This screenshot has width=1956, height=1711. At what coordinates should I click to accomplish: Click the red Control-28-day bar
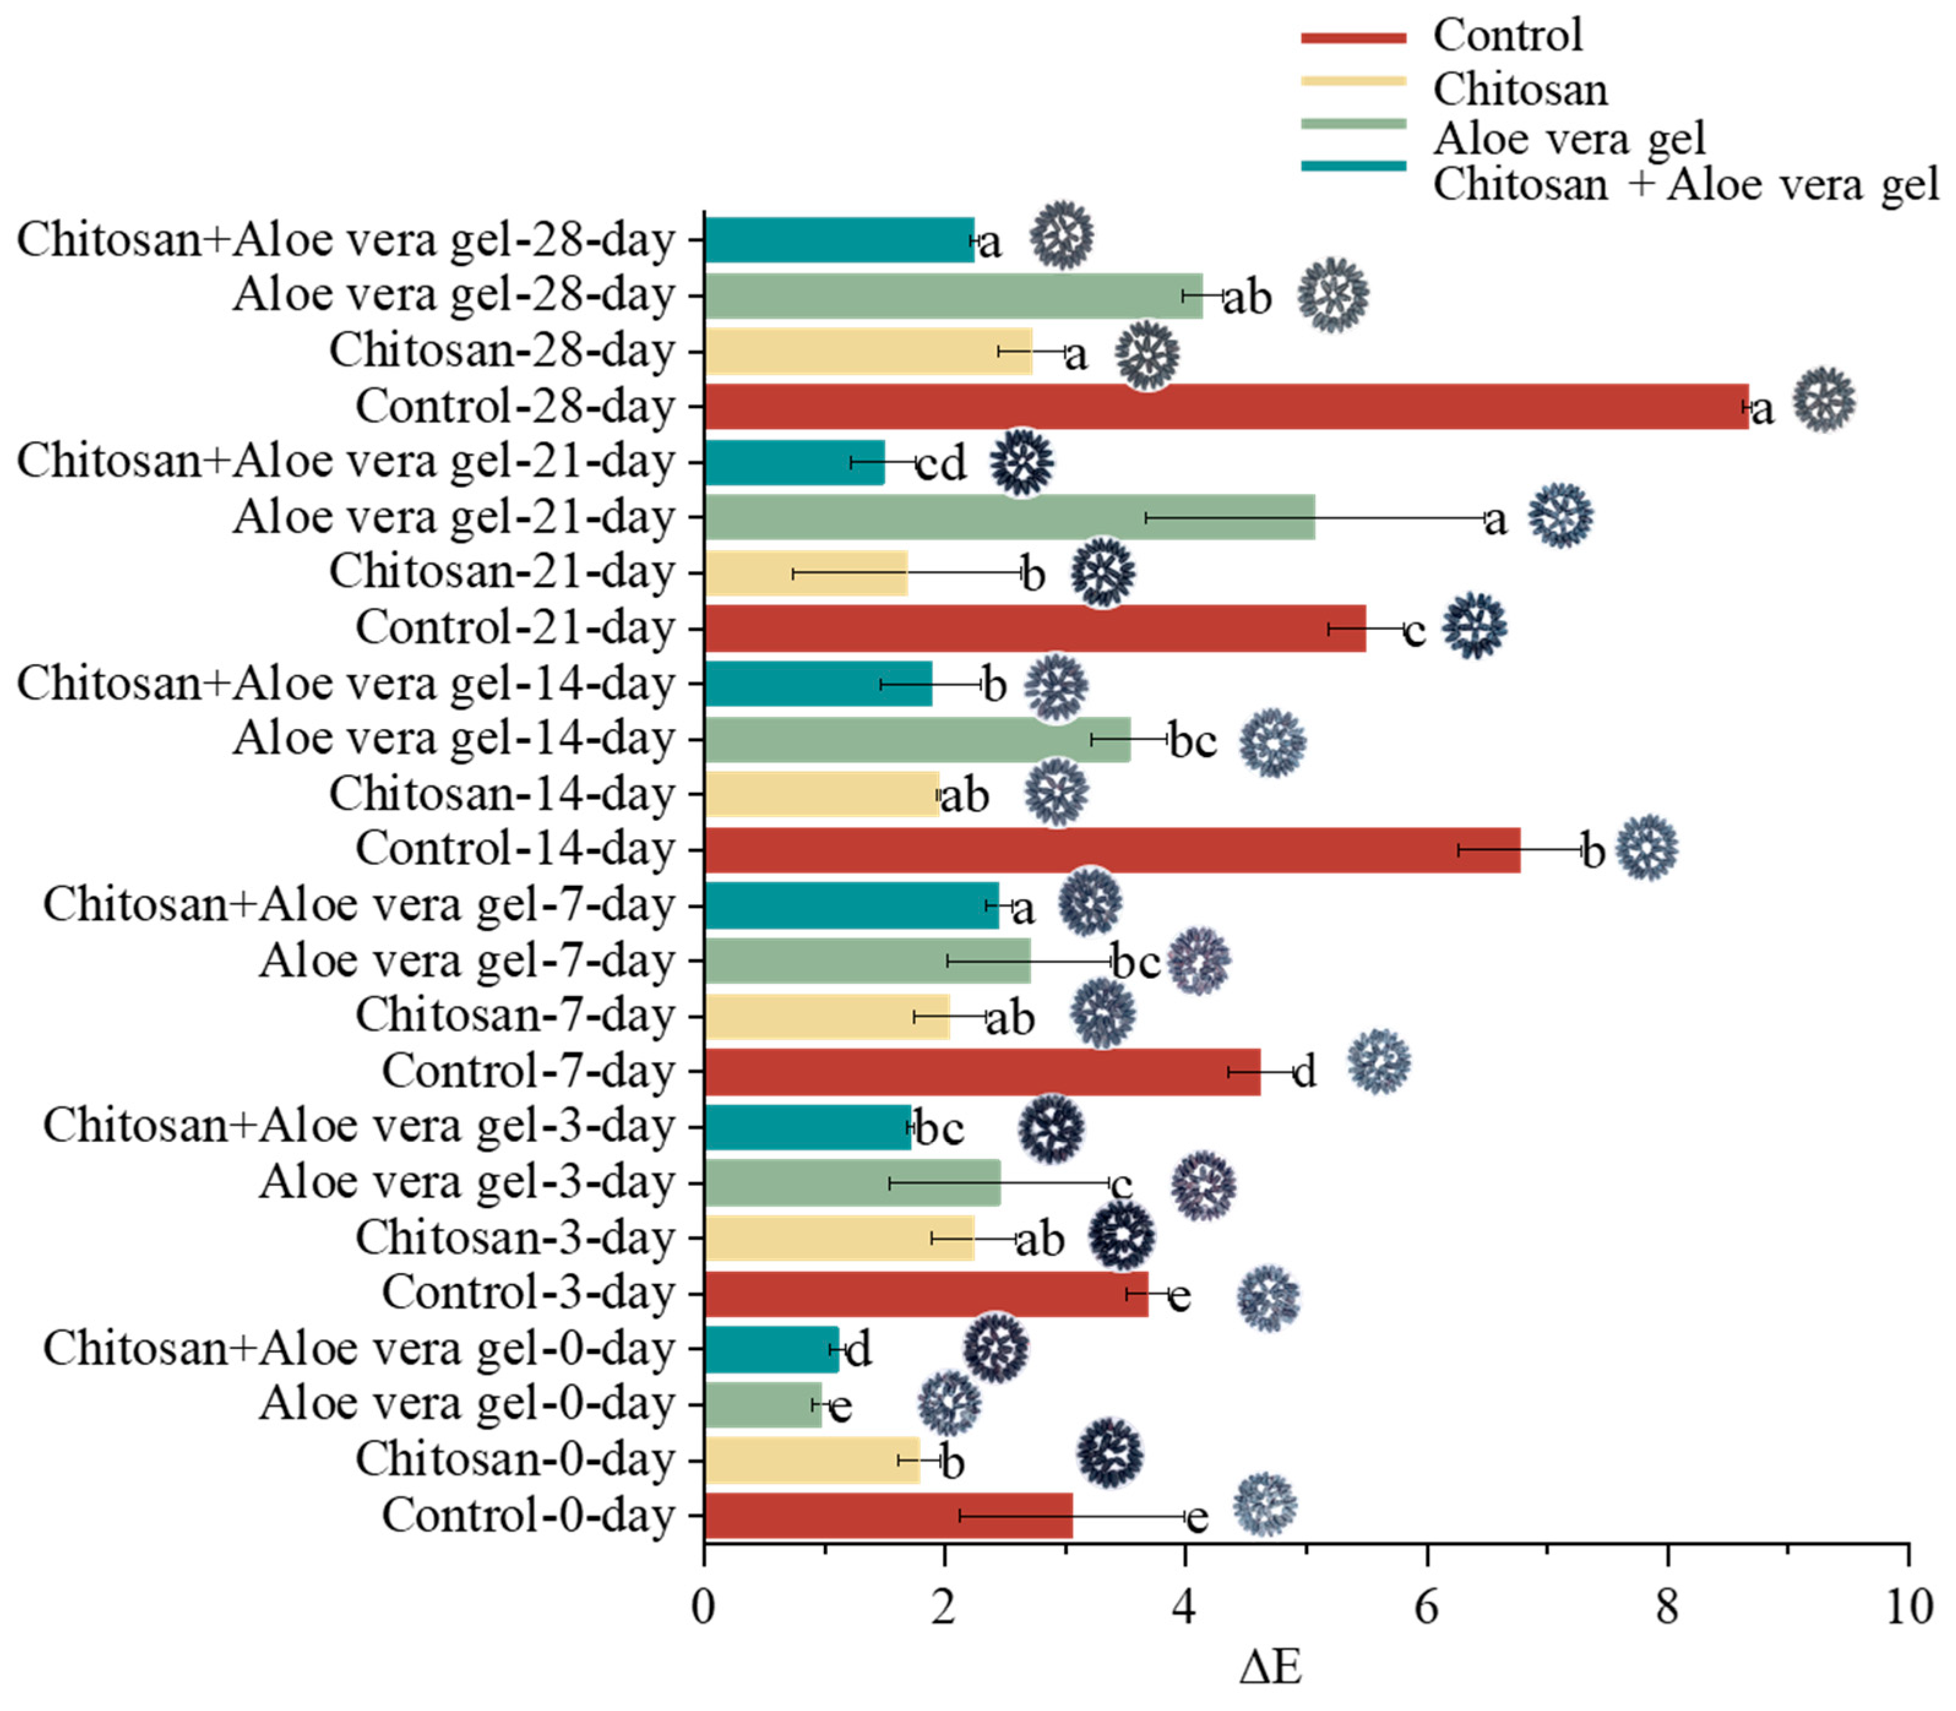tap(1226, 407)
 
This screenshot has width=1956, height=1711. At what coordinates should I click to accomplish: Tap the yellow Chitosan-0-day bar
tap(812, 1461)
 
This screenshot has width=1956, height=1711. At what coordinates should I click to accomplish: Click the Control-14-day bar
tap(1112, 850)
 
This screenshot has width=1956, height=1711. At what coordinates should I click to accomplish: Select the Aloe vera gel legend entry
tap(1568, 138)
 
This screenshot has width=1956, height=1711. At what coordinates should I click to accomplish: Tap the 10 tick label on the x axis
tap(1908, 1608)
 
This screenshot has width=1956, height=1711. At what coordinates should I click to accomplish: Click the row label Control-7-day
tap(528, 1071)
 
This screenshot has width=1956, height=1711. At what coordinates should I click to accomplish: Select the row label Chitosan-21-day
tap(502, 572)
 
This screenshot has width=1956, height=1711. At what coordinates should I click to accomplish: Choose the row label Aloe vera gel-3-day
tap(467, 1182)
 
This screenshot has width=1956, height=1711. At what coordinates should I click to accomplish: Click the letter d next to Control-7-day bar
tap(1304, 1071)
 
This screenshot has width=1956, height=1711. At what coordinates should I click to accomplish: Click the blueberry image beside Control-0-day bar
tap(1265, 1505)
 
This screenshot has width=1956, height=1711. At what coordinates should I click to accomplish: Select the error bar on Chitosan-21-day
tap(907, 573)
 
